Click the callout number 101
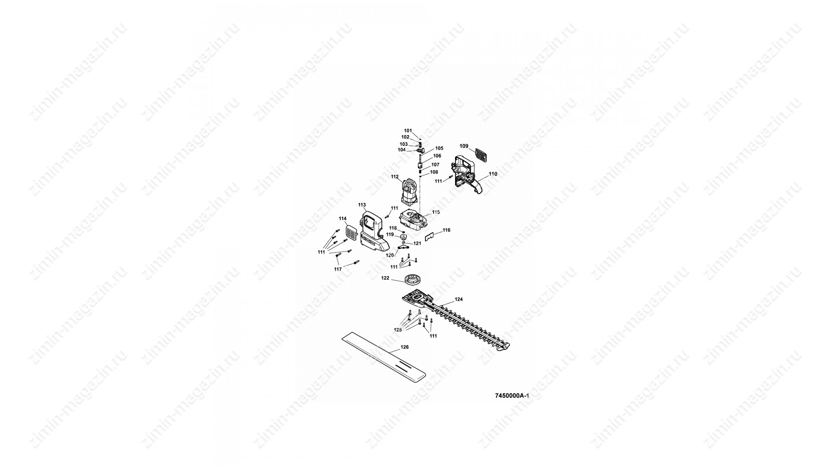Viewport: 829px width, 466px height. pos(408,130)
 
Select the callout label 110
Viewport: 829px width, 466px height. pos(493,174)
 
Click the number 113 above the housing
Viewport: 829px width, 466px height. pos(362,205)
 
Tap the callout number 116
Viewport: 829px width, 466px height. pos(446,230)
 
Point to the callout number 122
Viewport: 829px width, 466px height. pos(385,278)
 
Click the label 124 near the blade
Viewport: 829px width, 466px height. pos(459,299)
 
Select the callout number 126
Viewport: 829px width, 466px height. pos(405,347)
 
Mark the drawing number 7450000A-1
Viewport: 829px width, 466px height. pos(512,395)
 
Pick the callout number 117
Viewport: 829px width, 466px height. pos(338,269)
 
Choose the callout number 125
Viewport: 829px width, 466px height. pos(398,329)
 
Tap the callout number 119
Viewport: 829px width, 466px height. pos(390,234)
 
